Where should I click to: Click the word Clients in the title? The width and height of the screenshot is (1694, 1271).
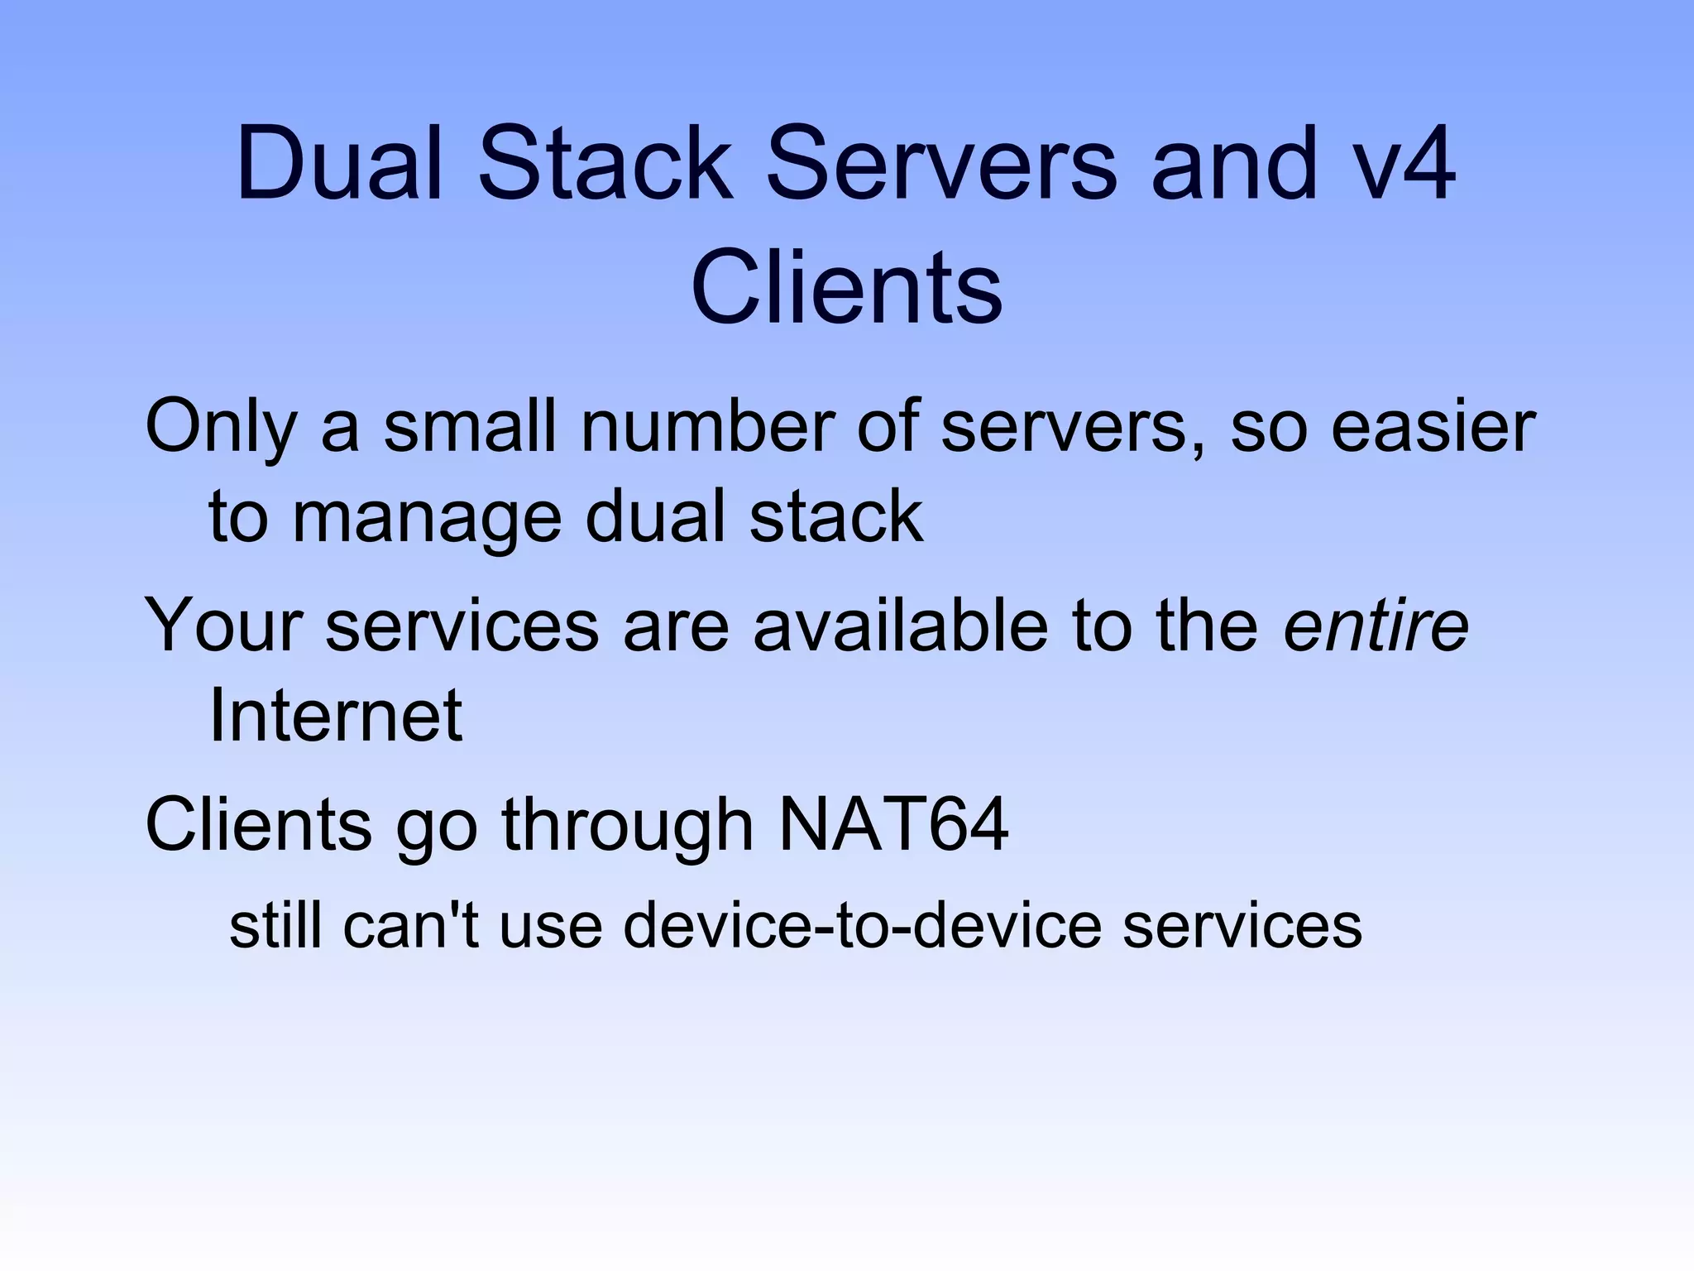(x=846, y=288)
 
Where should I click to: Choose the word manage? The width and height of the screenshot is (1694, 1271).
(x=427, y=519)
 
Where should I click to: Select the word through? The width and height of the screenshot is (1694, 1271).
(x=628, y=825)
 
